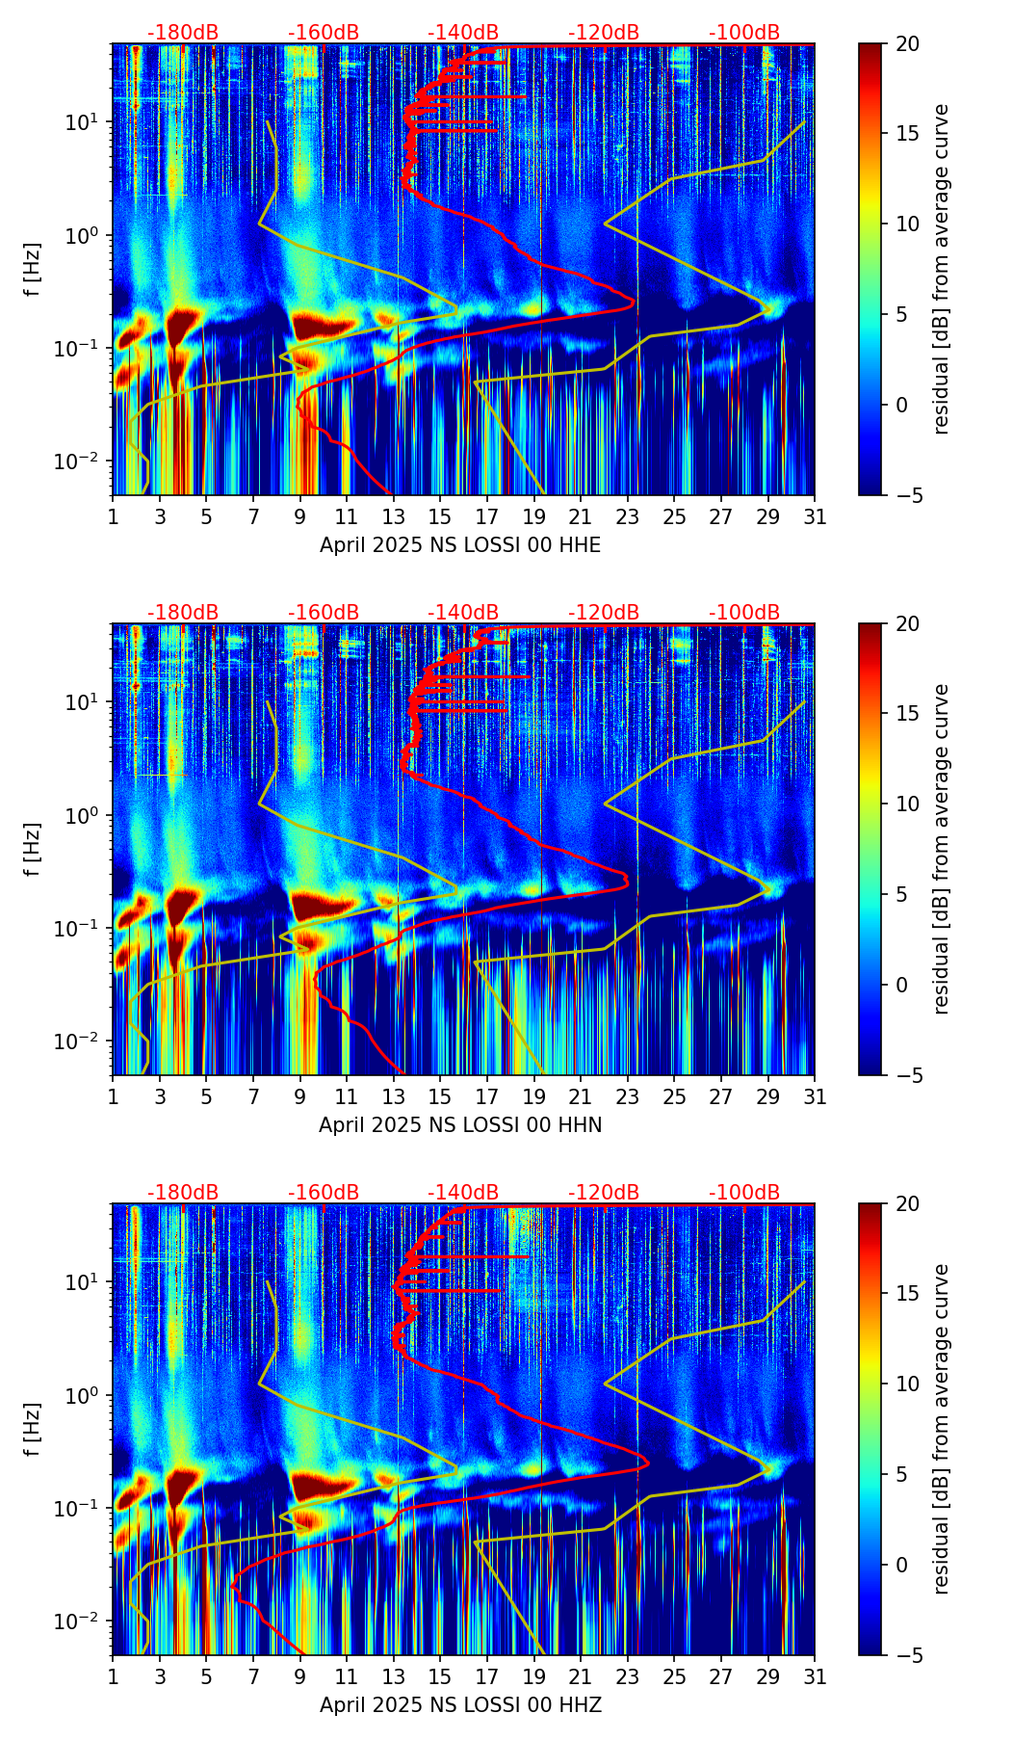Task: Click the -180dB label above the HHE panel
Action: tap(183, 33)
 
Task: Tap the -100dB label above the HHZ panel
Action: tap(744, 1193)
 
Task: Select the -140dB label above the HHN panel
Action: tap(463, 613)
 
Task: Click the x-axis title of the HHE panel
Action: tap(460, 545)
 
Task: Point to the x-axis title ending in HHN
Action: tap(460, 1125)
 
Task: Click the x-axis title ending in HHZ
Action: tap(460, 1705)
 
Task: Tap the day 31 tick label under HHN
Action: tap(815, 1097)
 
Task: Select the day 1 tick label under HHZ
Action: tap(113, 1677)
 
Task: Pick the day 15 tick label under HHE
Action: tap(440, 517)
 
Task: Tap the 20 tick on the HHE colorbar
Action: tap(907, 43)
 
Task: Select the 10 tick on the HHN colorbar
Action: tap(907, 804)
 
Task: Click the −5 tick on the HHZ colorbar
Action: tap(907, 1655)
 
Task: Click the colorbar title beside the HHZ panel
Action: tap(942, 1429)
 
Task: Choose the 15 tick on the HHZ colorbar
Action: tap(907, 1294)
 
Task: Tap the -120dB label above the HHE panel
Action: tap(604, 33)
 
